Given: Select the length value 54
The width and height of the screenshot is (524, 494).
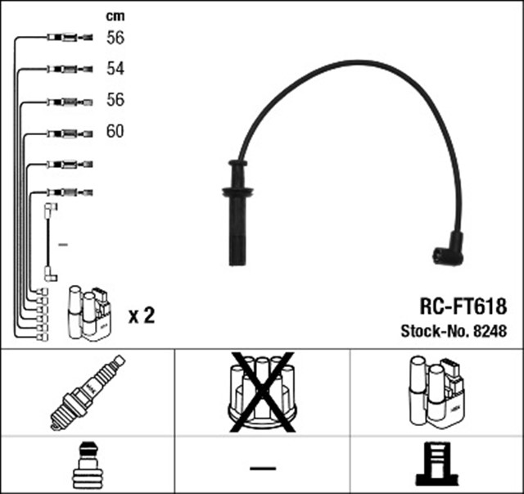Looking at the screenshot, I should [115, 68].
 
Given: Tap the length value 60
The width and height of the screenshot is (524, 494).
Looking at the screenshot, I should [115, 131].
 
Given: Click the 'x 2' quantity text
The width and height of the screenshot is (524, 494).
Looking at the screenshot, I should [142, 315].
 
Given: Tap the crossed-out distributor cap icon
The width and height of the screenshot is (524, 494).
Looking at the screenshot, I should [262, 392].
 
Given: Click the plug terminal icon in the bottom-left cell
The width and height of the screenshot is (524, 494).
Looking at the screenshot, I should [87, 465].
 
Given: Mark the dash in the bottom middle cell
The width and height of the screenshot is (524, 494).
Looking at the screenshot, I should [262, 468].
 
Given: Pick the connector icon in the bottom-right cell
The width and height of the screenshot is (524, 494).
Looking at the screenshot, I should [436, 465].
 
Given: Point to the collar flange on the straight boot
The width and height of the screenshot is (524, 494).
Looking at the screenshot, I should [237, 193].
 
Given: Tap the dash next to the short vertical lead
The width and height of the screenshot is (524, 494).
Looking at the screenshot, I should [64, 244].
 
